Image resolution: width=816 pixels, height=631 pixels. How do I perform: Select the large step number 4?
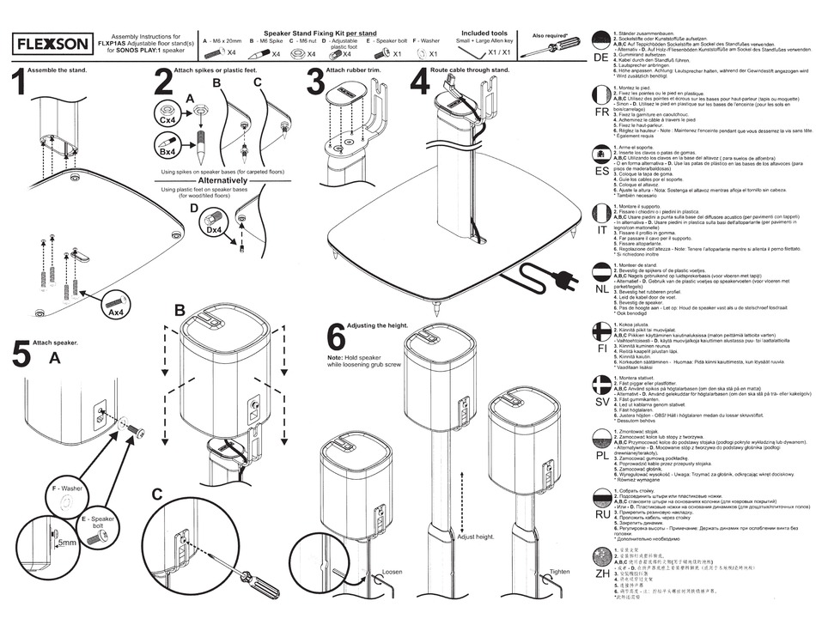pyautogui.click(x=418, y=83)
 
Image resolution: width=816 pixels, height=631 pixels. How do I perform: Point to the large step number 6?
pyautogui.click(x=337, y=337)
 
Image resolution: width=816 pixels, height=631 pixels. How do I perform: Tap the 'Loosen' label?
pyautogui.click(x=392, y=571)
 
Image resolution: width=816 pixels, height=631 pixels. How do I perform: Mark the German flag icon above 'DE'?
pyautogui.click(x=601, y=39)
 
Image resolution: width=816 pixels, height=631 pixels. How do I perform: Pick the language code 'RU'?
pyautogui.click(x=601, y=514)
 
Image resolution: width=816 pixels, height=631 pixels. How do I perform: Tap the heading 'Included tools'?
pyautogui.click(x=484, y=33)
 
